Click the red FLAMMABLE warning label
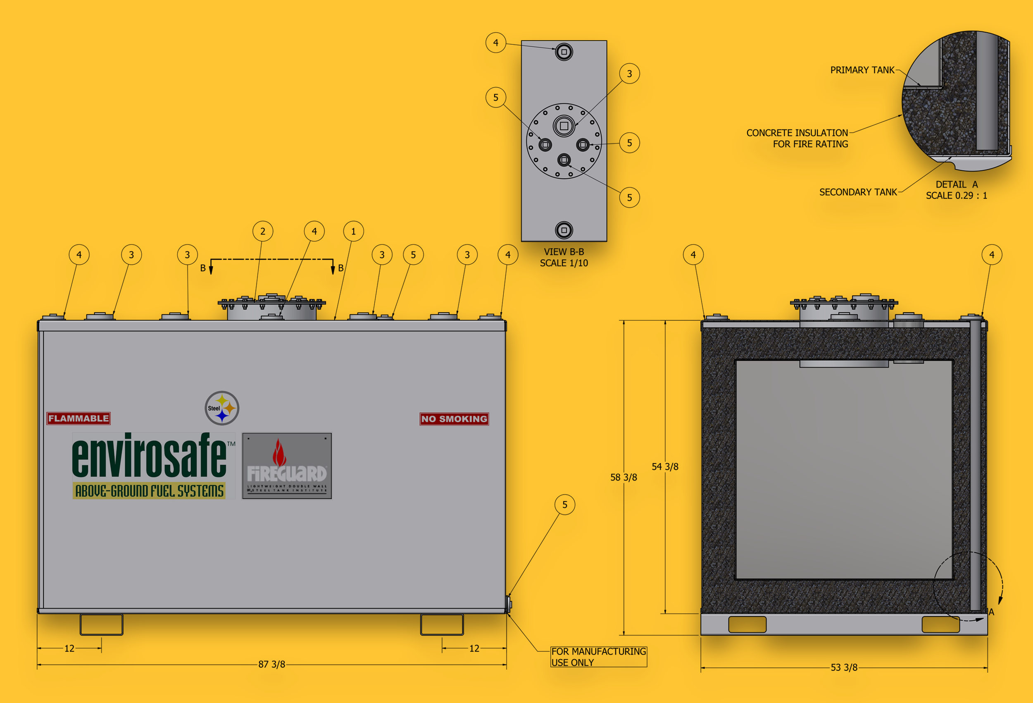click(x=79, y=418)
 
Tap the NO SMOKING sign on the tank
click(x=454, y=418)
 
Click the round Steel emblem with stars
click(x=222, y=408)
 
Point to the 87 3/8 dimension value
click(x=271, y=664)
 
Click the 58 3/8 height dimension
click(x=623, y=477)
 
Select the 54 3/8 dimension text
click(x=664, y=467)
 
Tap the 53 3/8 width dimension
click(x=844, y=667)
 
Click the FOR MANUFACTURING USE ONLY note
click(x=598, y=657)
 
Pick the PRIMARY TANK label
click(x=862, y=70)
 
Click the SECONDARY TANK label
click(x=858, y=192)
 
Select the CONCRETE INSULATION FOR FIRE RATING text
click(x=797, y=139)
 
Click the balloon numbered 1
click(x=353, y=231)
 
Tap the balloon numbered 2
click(x=263, y=231)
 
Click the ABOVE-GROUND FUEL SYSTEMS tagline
click(x=149, y=491)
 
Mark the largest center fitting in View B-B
click(x=564, y=126)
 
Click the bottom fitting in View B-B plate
click(x=564, y=230)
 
